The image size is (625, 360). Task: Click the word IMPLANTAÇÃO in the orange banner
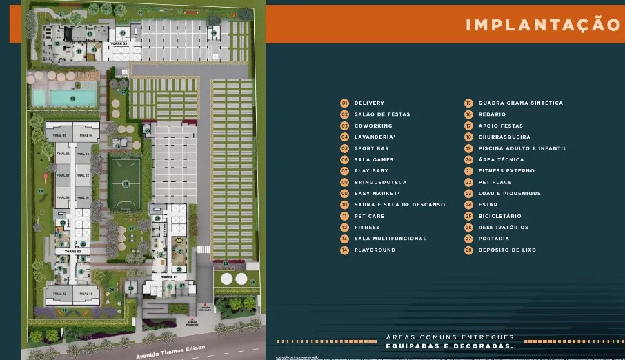tap(543, 25)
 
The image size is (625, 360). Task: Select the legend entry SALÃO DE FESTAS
tap(381, 114)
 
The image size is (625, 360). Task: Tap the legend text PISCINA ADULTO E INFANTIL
tap(522, 148)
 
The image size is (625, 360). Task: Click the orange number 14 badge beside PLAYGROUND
tap(344, 250)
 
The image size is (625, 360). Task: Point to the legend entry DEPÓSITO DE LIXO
tap(507, 250)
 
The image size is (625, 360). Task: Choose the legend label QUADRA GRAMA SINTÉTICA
tap(520, 103)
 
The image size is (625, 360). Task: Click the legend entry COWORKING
tap(373, 126)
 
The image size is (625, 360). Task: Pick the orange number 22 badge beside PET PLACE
tap(468, 182)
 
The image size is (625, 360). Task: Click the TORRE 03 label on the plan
tap(119, 43)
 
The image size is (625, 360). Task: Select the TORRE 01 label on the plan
tap(169, 276)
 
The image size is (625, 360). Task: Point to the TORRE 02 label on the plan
tap(73, 252)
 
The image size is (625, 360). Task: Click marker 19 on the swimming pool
tap(72, 98)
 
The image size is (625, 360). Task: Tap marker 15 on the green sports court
tap(126, 183)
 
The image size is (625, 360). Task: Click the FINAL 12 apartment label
tap(59, 294)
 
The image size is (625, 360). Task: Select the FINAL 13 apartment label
tap(88, 294)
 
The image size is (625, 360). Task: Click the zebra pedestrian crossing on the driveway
tap(204, 249)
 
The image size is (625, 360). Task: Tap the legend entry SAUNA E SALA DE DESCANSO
tap(399, 205)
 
